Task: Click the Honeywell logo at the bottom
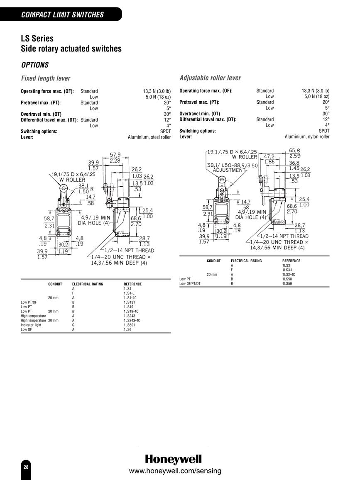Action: point(174,459)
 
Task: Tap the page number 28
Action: point(26,467)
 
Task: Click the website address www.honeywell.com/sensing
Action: point(175,471)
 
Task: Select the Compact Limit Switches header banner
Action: point(61,15)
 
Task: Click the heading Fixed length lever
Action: point(46,78)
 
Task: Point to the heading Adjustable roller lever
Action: point(210,78)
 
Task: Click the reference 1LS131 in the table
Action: point(129,302)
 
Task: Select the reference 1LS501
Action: point(129,325)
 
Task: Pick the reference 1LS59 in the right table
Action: point(287,283)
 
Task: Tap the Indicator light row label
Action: point(31,325)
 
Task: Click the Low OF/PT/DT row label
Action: point(190,283)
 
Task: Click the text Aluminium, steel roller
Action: point(149,137)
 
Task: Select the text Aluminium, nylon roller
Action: point(307,136)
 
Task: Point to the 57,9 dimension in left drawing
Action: point(115,155)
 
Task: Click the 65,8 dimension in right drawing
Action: point(294,150)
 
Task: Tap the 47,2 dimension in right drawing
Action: point(269,156)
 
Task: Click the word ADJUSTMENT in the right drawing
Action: point(229,170)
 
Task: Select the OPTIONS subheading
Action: point(35,65)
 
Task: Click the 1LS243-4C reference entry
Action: point(132,321)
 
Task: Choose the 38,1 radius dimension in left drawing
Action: point(83,186)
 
